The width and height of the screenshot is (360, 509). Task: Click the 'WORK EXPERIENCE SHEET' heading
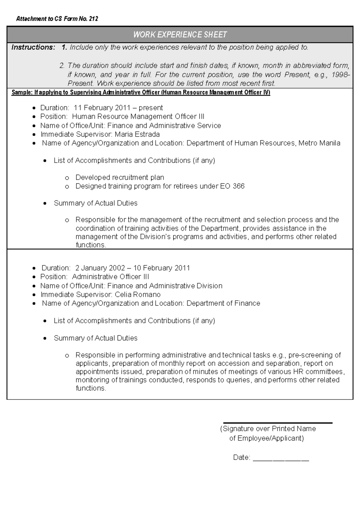coord(180,35)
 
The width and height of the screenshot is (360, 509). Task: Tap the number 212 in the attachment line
coord(93,19)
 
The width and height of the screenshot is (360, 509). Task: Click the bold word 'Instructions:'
coord(33,47)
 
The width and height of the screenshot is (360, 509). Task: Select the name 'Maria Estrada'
coord(137,134)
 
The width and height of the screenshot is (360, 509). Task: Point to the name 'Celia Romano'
coord(138,294)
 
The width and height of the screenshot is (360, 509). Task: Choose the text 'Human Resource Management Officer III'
coord(138,116)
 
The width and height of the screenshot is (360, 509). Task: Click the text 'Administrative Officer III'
coord(110,277)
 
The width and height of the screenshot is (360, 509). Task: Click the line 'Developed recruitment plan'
coord(119,177)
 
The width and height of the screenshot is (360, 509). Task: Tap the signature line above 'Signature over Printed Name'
coord(277,423)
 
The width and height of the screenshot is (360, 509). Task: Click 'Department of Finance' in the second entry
coord(223,303)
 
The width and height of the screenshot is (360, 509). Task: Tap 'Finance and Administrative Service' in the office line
coord(164,125)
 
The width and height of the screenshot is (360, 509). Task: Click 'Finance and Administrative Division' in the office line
coord(165,286)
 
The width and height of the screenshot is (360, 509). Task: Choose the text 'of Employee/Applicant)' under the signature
coord(266,438)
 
